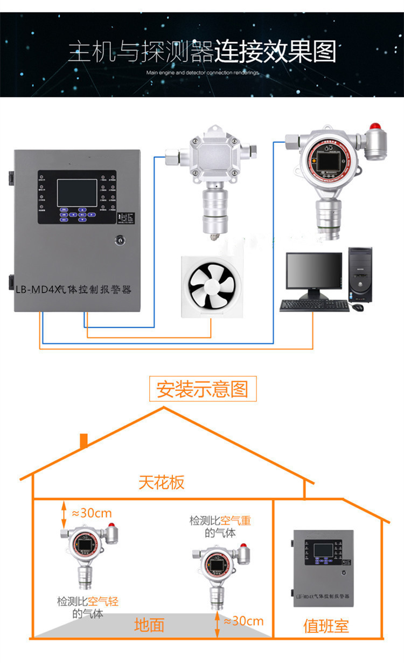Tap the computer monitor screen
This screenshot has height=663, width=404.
tap(314, 274)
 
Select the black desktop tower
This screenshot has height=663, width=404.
tap(360, 275)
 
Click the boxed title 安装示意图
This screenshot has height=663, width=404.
tap(203, 389)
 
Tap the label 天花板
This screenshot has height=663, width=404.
tap(162, 482)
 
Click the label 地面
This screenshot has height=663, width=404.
tap(149, 625)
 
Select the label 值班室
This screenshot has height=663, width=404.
tap(326, 626)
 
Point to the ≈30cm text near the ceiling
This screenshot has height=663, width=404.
tap(92, 513)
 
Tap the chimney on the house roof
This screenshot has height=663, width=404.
tap(83, 440)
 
